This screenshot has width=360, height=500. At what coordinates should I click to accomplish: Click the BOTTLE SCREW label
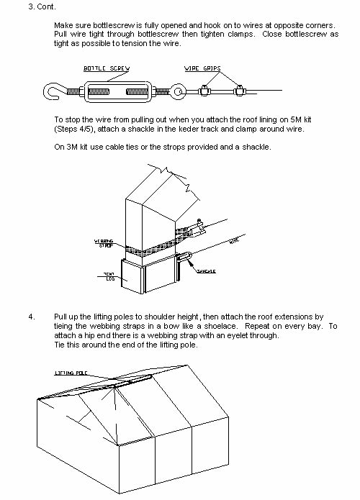[107, 68]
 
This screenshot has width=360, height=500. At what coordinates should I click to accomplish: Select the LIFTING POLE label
[69, 372]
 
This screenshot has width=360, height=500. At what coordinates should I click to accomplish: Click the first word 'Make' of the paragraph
[63, 25]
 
